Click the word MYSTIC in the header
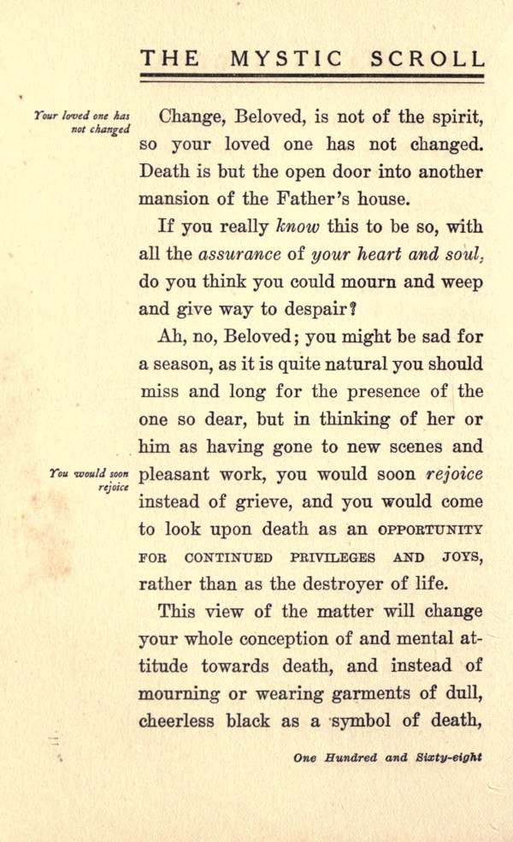(x=288, y=58)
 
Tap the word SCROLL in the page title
(x=427, y=58)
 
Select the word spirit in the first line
(x=452, y=116)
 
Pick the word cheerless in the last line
(x=179, y=721)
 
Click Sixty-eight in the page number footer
(x=450, y=757)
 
